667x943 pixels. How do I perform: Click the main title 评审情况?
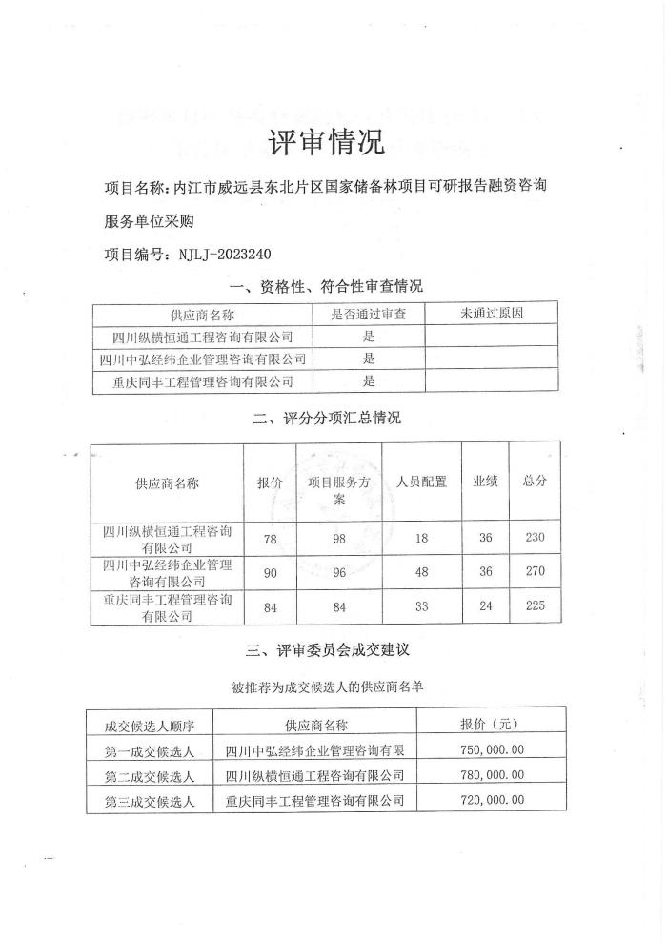pyautogui.click(x=327, y=143)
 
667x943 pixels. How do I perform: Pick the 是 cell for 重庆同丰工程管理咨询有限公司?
pyautogui.click(x=369, y=381)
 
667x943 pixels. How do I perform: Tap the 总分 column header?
pyautogui.click(x=535, y=482)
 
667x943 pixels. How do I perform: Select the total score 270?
pyautogui.click(x=535, y=571)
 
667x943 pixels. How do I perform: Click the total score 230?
pyautogui.click(x=535, y=538)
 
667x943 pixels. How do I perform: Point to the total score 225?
pyautogui.click(x=535, y=607)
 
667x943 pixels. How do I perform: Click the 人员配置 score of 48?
pyautogui.click(x=422, y=571)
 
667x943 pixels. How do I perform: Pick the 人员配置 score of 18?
pyautogui.click(x=422, y=538)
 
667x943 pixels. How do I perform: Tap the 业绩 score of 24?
pyautogui.click(x=486, y=607)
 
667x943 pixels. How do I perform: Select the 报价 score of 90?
pyautogui.click(x=270, y=571)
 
